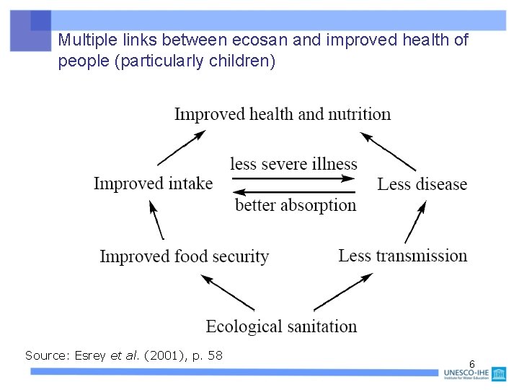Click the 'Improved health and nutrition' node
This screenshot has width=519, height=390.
click(283, 114)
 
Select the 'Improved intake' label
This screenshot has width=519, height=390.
click(153, 183)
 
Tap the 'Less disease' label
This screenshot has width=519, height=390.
click(422, 184)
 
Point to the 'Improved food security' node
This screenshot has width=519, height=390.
click(184, 256)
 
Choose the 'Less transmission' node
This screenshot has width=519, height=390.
click(403, 256)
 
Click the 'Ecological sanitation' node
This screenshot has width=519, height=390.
click(281, 326)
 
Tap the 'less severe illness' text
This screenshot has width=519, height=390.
click(293, 165)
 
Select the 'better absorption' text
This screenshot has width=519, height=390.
click(296, 205)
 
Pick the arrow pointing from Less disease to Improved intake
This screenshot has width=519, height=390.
click(296, 192)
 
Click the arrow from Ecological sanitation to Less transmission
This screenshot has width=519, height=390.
click(342, 292)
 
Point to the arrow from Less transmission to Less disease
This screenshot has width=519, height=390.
click(414, 222)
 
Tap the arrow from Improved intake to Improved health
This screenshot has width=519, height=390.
click(181, 147)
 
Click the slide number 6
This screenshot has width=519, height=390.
click(471, 363)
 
